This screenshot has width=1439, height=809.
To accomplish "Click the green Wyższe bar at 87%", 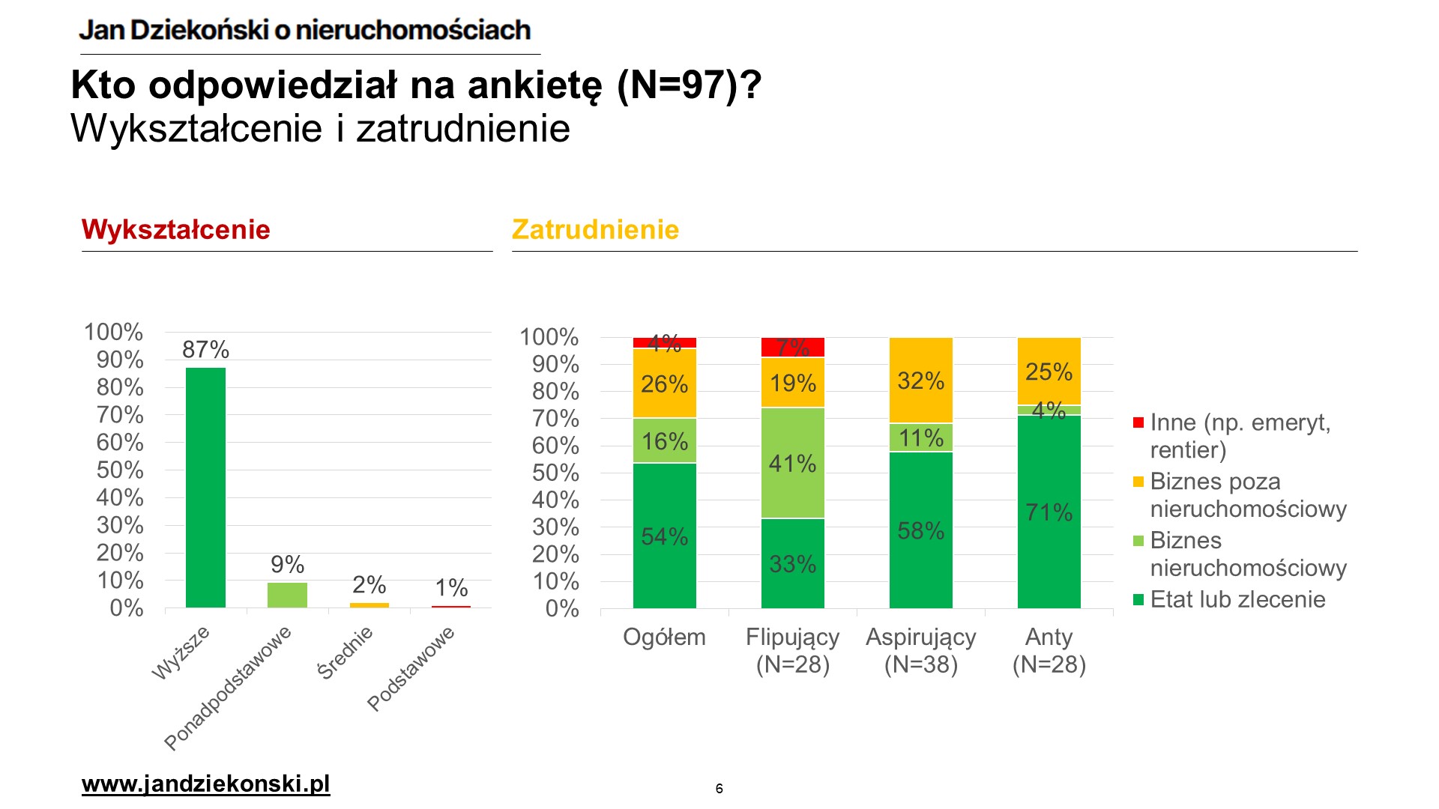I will [x=205, y=487].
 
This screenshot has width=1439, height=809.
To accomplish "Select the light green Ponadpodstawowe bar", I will [x=287, y=595].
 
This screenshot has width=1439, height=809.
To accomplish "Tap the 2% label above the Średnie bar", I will [x=369, y=584].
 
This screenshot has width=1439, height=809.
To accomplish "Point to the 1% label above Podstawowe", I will [x=451, y=587].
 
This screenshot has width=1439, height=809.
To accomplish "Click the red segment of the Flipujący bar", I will [x=792, y=348].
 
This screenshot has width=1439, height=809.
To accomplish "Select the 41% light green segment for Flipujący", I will [x=792, y=463].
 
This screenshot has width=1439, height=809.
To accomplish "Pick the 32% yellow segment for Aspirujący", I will [x=920, y=381].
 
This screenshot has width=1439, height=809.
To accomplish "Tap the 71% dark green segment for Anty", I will [x=1049, y=512].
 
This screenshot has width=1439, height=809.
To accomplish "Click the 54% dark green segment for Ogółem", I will [x=664, y=536].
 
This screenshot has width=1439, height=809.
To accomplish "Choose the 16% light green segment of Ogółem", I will [x=664, y=441].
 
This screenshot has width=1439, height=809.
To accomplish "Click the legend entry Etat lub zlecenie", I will [x=1237, y=599].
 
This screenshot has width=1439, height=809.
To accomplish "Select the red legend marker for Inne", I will [x=1138, y=423].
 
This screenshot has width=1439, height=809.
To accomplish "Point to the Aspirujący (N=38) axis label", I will [x=920, y=650].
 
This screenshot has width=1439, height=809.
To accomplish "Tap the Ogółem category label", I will [x=664, y=637].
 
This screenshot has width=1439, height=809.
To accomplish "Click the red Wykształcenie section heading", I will [x=175, y=229].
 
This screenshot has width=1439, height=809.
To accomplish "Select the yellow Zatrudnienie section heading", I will [x=595, y=229].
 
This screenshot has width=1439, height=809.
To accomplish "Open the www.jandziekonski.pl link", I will [x=205, y=784].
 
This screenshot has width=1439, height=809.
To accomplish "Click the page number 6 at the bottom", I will [x=719, y=788].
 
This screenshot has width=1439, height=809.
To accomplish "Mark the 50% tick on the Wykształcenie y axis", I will [x=120, y=470].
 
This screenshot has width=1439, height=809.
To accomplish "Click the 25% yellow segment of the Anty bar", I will [x=1049, y=372].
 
